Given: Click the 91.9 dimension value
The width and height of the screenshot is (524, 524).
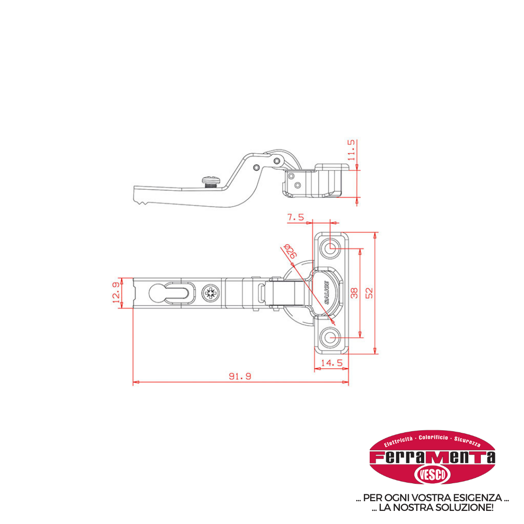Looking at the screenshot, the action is (240, 376).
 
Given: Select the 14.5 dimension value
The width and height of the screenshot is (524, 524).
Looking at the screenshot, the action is (332, 363).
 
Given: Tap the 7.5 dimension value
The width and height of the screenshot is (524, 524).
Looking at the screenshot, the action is (296, 217).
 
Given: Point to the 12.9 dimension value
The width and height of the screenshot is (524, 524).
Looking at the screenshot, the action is (116, 293).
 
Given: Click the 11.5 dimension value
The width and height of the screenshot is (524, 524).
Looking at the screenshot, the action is (351, 150).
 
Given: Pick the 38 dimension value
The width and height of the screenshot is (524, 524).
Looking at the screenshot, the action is (354, 293).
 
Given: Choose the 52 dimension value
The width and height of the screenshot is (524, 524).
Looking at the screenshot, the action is (369, 293).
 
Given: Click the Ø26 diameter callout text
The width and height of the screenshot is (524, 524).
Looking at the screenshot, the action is (290, 251).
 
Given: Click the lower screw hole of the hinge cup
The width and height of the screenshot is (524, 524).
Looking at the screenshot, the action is (331, 337).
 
